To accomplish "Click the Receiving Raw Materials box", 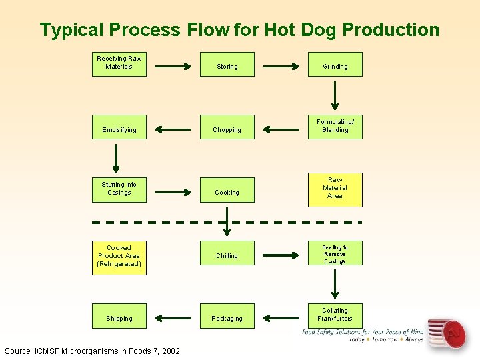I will tap(119, 63).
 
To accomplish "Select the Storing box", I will tap(227, 65).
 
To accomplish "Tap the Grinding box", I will tap(335, 65).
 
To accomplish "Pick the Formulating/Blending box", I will tap(335, 126).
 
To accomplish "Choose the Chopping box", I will tap(227, 128).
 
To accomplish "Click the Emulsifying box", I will tap(119, 128).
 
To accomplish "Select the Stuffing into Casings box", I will tap(119, 189).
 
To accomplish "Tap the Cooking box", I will tap(227, 190).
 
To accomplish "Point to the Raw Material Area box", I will tap(335, 188).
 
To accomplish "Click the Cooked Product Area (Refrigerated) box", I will tap(119, 256).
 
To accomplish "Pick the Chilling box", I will tap(227, 255).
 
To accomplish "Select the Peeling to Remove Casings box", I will tap(335, 254).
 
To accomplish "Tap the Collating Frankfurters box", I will tap(335, 315).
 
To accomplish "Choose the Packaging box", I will tap(227, 316).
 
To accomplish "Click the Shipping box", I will tap(119, 316).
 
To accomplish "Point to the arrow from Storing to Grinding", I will tap(281, 67).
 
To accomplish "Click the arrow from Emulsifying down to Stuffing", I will tap(117, 157).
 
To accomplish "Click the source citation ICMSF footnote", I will tap(92, 351).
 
